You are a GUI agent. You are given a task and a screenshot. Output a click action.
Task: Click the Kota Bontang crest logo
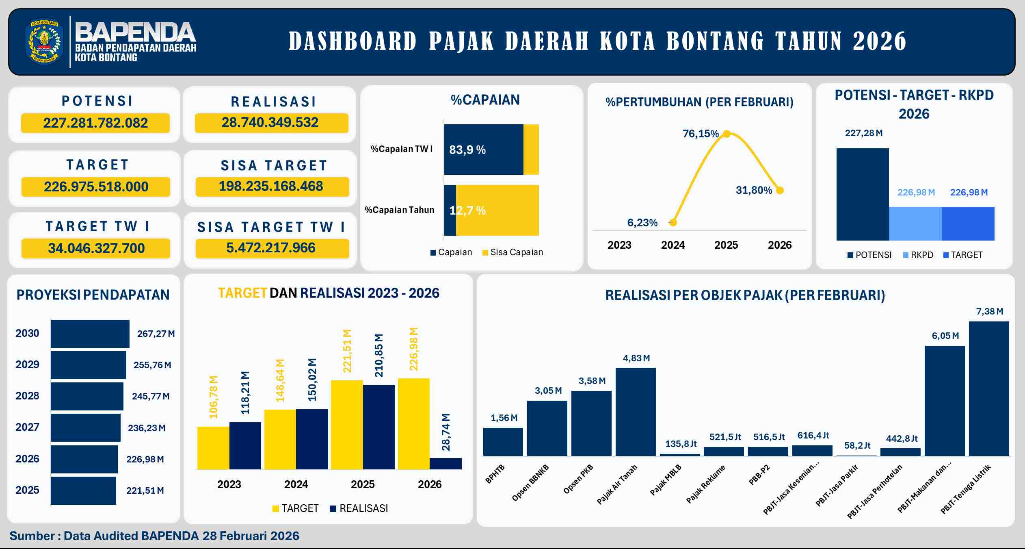(x=44, y=42)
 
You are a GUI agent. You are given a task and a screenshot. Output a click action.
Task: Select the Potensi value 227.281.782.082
(x=95, y=123)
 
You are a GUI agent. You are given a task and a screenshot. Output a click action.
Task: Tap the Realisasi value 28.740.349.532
(x=270, y=122)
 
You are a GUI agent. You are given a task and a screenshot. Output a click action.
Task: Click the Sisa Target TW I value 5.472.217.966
(x=271, y=247)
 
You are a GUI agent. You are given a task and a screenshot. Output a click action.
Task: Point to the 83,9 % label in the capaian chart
(x=467, y=150)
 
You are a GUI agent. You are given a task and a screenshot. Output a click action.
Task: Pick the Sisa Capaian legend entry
(x=512, y=252)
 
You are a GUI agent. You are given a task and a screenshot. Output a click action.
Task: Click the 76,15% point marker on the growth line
(x=727, y=134)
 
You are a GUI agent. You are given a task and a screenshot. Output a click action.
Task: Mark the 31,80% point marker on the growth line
(x=780, y=190)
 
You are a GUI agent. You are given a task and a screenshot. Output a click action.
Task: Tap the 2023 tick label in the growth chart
(x=619, y=245)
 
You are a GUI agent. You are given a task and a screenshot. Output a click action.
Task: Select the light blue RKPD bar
(x=915, y=224)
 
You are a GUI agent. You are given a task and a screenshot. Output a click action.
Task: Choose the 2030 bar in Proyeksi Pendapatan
(x=90, y=334)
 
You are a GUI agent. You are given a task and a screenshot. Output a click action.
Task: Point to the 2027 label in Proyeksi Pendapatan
(x=27, y=427)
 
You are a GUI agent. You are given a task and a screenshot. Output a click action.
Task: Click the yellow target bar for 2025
(x=346, y=425)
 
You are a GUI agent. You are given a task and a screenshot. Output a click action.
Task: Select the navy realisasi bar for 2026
(x=445, y=463)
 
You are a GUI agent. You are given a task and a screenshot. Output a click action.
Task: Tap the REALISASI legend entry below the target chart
(x=359, y=508)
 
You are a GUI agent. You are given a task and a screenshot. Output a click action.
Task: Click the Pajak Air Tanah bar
(x=636, y=412)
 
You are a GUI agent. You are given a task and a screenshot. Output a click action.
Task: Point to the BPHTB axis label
(x=495, y=473)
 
